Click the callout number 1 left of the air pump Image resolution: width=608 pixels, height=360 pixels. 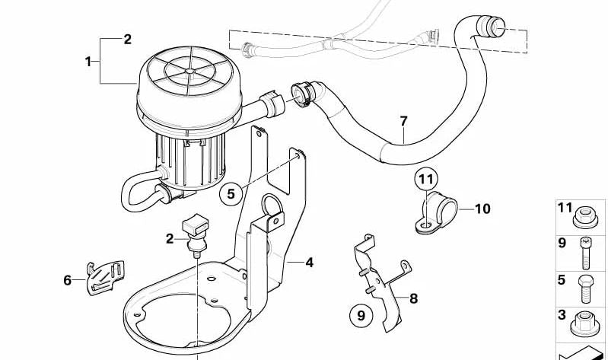[x=88, y=60]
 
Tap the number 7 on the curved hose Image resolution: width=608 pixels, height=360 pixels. [x=403, y=121]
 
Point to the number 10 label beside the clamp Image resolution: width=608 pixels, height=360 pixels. [x=484, y=207]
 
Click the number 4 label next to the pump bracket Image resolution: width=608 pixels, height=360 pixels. [x=309, y=263]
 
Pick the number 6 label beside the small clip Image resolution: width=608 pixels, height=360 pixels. [x=68, y=280]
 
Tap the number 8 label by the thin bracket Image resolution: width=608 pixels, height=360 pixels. [x=413, y=298]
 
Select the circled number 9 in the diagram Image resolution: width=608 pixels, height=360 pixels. [x=361, y=314]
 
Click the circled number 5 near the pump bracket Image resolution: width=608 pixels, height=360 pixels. [x=231, y=194]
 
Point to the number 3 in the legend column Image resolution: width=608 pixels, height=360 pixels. [x=562, y=315]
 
